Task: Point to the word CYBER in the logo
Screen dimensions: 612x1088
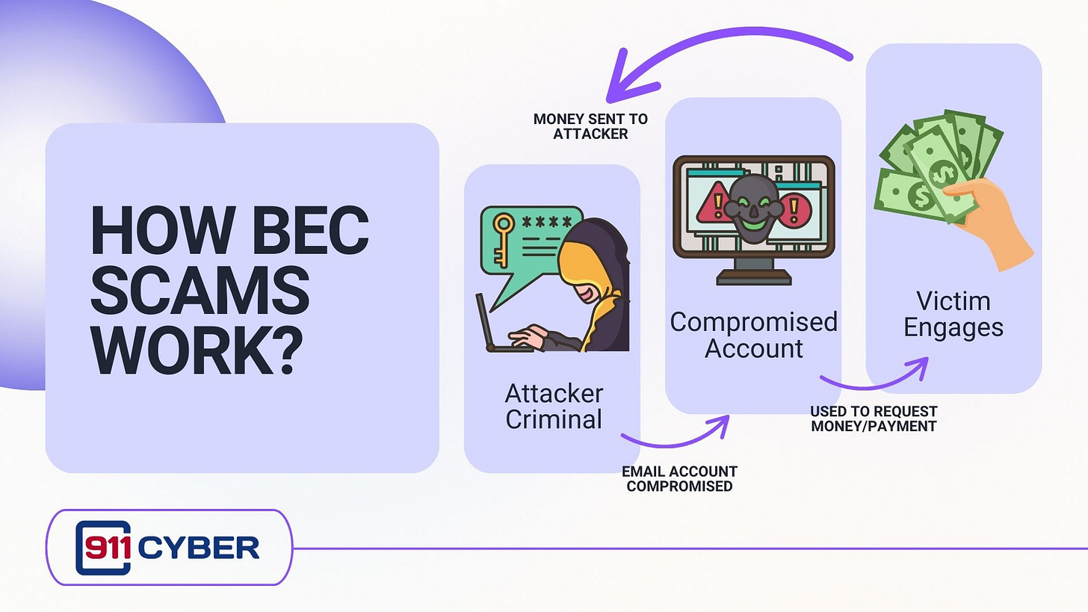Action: coord(198,548)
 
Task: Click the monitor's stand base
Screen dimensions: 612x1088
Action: coord(753,278)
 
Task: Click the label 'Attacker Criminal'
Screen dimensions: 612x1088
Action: coord(554,406)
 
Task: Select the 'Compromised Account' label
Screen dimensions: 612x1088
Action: coord(753,335)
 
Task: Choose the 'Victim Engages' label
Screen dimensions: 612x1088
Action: coord(953,314)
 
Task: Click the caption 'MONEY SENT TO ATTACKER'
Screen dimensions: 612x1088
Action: coord(590,126)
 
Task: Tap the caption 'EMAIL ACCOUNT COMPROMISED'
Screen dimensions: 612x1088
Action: coord(679,478)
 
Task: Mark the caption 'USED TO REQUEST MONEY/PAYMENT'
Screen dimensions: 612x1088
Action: coord(874,418)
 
